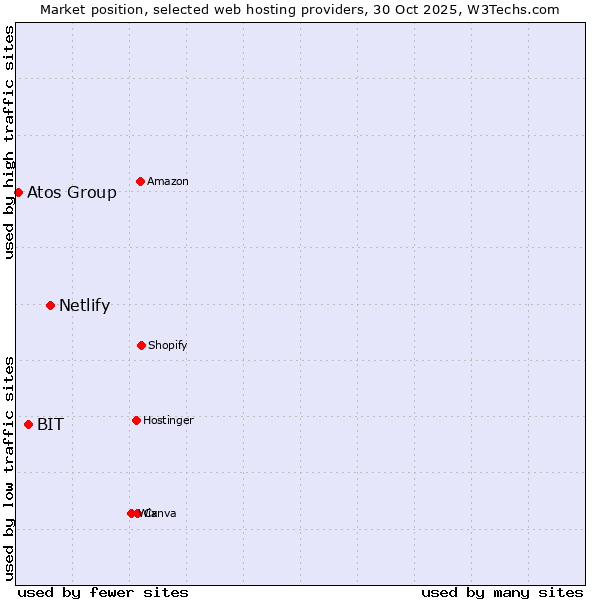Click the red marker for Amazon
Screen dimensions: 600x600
[140, 181]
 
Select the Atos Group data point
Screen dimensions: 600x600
[18, 192]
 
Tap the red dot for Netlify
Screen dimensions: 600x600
[50, 305]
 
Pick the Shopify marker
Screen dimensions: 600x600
[141, 345]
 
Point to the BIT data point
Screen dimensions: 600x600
[28, 424]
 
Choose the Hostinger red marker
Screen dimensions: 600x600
[136, 420]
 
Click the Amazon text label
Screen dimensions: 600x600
[168, 181]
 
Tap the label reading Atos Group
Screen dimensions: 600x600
[72, 193]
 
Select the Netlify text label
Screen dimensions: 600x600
[84, 306]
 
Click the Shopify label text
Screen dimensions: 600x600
[167, 345]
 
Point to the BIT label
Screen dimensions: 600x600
[50, 425]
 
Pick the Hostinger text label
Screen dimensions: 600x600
[168, 420]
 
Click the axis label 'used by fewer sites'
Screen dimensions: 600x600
[103, 592]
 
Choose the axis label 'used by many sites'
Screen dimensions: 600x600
[502, 592]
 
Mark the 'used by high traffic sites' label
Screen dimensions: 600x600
[9, 142]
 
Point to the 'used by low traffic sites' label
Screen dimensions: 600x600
[9, 468]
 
